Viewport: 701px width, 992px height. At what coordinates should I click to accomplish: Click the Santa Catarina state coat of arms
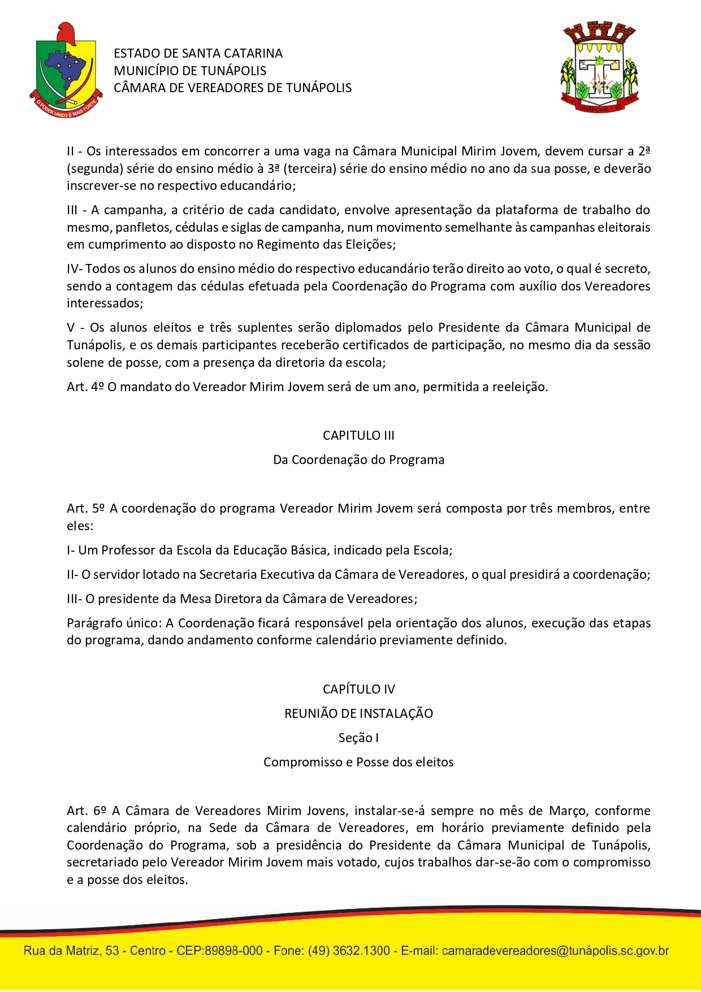66,71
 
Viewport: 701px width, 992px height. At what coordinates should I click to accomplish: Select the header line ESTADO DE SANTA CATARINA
198,53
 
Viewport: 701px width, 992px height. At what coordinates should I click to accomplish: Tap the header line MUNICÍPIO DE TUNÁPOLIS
190,71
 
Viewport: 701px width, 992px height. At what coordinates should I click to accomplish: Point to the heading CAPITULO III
358,435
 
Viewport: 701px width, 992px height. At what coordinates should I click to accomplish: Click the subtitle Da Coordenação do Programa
358,460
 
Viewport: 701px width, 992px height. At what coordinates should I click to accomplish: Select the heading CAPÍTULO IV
358,689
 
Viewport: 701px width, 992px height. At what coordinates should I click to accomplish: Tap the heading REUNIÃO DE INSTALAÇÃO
358,713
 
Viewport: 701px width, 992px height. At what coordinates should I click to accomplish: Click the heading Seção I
358,738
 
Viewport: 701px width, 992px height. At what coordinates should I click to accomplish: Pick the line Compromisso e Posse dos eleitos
358,762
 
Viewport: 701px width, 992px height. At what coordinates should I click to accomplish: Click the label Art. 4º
85,387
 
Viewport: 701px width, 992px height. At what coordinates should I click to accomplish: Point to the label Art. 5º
86,508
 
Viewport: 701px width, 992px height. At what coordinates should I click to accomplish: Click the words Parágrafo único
114,623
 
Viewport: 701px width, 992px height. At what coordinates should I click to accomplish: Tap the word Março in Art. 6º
568,811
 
